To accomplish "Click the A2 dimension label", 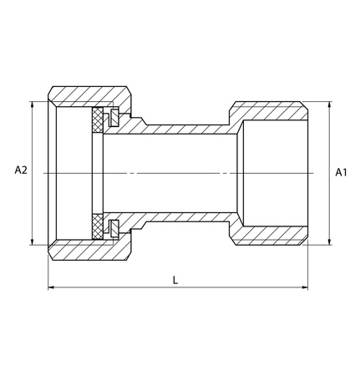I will pyautogui.click(x=22, y=170).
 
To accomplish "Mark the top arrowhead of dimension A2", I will pyautogui.click(x=34, y=104).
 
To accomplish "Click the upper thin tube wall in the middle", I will pyautogui.click(x=184, y=129).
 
